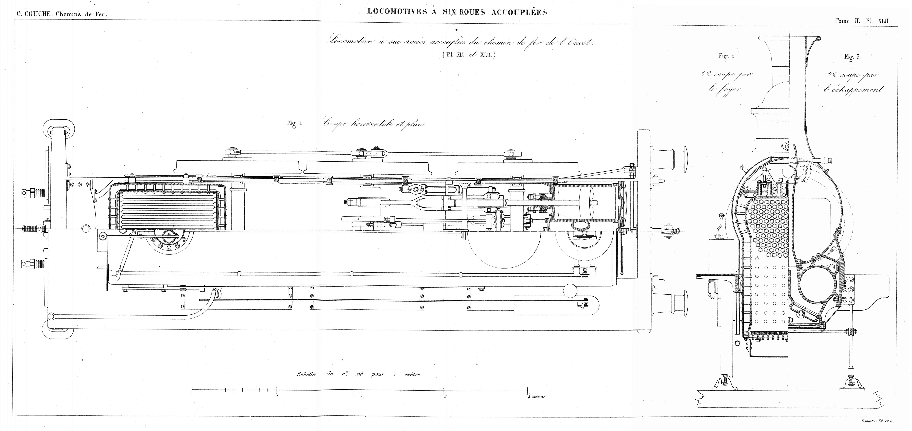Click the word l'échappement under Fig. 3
[x=854, y=89]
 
